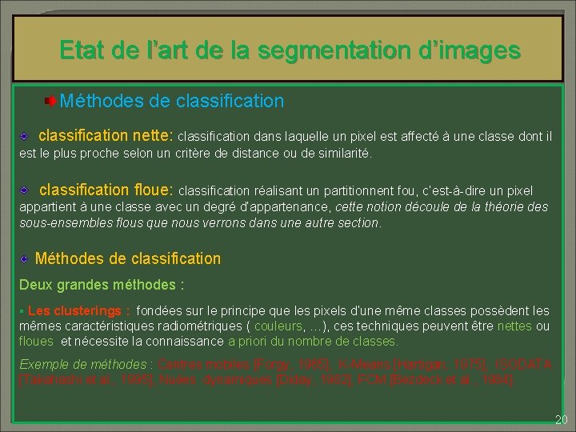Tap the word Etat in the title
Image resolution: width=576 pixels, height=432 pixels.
coord(83,51)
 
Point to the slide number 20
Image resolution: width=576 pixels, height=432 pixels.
coord(560,420)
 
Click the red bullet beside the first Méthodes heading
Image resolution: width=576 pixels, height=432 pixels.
coord(50,101)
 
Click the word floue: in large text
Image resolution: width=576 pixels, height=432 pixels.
coord(150,190)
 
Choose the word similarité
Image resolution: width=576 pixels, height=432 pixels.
coord(342,153)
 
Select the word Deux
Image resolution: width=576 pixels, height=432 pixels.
coord(35,285)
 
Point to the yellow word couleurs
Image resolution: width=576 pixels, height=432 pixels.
coord(279,326)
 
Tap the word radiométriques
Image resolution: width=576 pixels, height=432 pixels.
coord(200,326)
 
